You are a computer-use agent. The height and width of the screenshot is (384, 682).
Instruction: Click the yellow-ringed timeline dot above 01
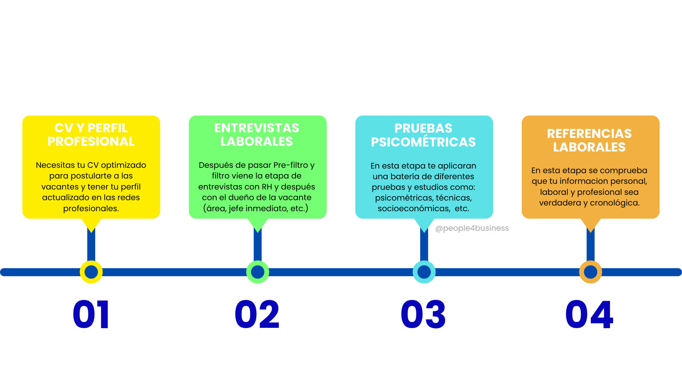[91, 272]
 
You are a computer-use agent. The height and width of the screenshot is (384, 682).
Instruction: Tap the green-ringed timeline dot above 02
[258, 272]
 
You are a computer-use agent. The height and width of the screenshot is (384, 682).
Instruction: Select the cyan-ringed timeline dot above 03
[424, 272]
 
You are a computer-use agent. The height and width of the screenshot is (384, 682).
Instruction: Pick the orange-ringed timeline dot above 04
[590, 272]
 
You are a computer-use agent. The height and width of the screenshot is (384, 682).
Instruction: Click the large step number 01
[91, 314]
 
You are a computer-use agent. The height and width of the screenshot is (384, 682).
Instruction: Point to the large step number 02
[257, 314]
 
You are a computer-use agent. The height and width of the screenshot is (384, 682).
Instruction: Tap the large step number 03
[423, 314]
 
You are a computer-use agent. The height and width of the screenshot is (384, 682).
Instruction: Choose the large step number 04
[589, 314]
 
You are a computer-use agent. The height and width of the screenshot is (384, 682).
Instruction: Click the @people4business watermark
[472, 228]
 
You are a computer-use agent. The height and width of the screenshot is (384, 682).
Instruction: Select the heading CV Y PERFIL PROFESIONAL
[91, 135]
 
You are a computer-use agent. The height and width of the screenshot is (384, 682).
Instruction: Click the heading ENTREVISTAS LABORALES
[257, 135]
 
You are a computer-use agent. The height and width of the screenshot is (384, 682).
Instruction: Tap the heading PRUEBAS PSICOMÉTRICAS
[423, 135]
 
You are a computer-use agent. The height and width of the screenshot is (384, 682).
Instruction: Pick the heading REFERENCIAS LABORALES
[589, 140]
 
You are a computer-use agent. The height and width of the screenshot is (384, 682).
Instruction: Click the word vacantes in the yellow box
[60, 187]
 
